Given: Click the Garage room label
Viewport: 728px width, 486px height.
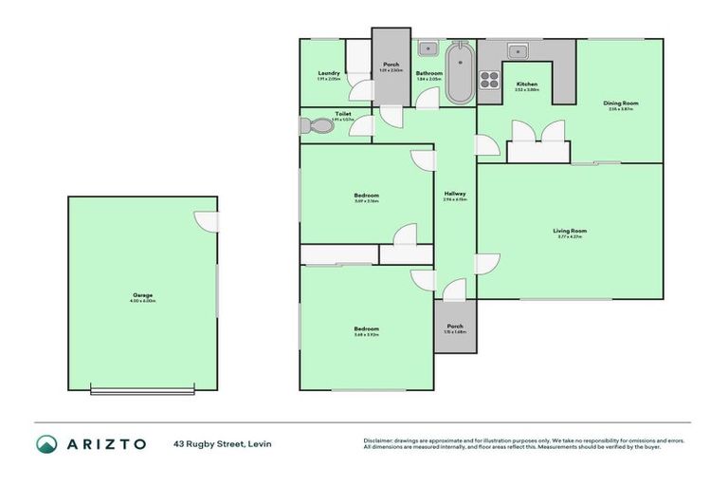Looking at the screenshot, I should tap(142, 295).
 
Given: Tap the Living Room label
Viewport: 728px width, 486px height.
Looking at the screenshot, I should tap(571, 232).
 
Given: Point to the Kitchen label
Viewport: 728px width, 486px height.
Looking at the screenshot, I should tap(527, 84).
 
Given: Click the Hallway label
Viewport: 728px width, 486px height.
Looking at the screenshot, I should tap(455, 194).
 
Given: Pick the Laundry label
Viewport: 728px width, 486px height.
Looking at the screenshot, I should tap(329, 73).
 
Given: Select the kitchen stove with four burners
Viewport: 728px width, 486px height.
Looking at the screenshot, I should tap(489, 80).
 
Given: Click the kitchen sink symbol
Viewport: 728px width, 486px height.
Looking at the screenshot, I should tap(518, 50).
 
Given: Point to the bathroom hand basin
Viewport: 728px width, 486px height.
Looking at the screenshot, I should tap(427, 47).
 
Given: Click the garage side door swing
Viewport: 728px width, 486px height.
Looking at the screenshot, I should tap(206, 220).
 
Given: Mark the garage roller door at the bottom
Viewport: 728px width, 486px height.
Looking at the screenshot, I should tap(141, 390).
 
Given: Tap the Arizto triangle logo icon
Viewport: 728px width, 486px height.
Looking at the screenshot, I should tap(47, 444).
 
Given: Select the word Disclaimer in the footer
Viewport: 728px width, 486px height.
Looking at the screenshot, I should tap(383, 441).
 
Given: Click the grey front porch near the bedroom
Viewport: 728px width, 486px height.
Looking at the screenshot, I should tap(455, 327).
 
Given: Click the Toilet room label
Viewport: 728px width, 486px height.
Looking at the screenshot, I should tap(342, 114).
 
